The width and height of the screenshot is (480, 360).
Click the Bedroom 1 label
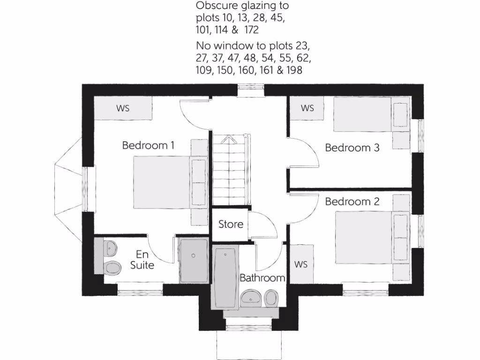(148, 145)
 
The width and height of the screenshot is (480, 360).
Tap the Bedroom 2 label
(352, 202)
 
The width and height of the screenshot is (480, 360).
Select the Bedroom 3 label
(352, 148)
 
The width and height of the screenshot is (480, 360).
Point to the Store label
(231, 224)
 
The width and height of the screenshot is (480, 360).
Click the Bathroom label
(262, 278)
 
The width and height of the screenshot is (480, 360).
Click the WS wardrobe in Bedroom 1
(123, 108)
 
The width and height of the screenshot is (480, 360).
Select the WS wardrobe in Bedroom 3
(307, 108)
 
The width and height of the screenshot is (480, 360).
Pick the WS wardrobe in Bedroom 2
(301, 264)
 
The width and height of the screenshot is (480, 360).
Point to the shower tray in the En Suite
(193, 261)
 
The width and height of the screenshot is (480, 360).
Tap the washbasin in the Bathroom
(252, 297)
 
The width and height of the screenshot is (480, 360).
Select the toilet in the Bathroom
(271, 297)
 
